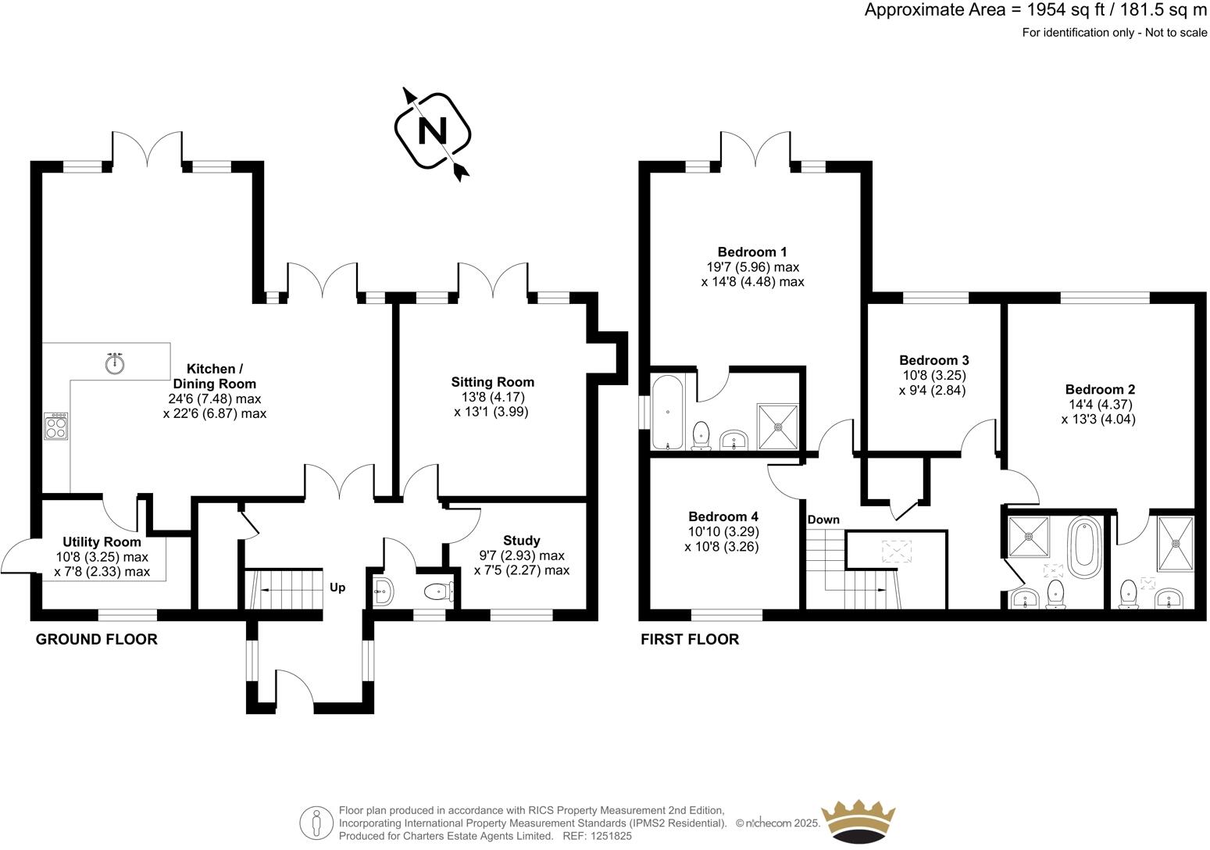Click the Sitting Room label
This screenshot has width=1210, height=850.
tap(492, 382)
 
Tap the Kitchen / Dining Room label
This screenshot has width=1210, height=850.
tap(214, 376)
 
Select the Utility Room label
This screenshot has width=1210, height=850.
tap(102, 541)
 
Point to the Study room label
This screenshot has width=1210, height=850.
tap(521, 541)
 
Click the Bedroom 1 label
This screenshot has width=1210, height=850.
tap(752, 252)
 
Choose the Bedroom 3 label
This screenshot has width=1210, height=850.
tap(933, 360)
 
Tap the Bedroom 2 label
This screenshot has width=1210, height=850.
tap(1099, 389)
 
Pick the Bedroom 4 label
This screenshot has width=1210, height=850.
tap(723, 516)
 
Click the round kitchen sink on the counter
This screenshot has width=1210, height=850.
tap(115, 362)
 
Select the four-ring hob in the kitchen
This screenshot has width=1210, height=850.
tap(56, 427)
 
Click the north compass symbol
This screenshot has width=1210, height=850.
tap(433, 131)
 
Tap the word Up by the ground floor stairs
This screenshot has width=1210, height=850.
tap(337, 587)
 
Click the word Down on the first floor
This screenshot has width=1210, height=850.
tap(823, 520)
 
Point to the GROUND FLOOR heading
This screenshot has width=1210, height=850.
tap(97, 639)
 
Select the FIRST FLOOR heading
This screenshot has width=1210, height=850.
tap(690, 639)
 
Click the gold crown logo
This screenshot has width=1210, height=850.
tap(861, 821)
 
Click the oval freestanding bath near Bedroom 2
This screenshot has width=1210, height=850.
tap(1083, 546)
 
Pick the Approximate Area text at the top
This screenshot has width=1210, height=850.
tap(1035, 10)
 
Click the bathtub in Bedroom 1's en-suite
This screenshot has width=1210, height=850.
tap(668, 412)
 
